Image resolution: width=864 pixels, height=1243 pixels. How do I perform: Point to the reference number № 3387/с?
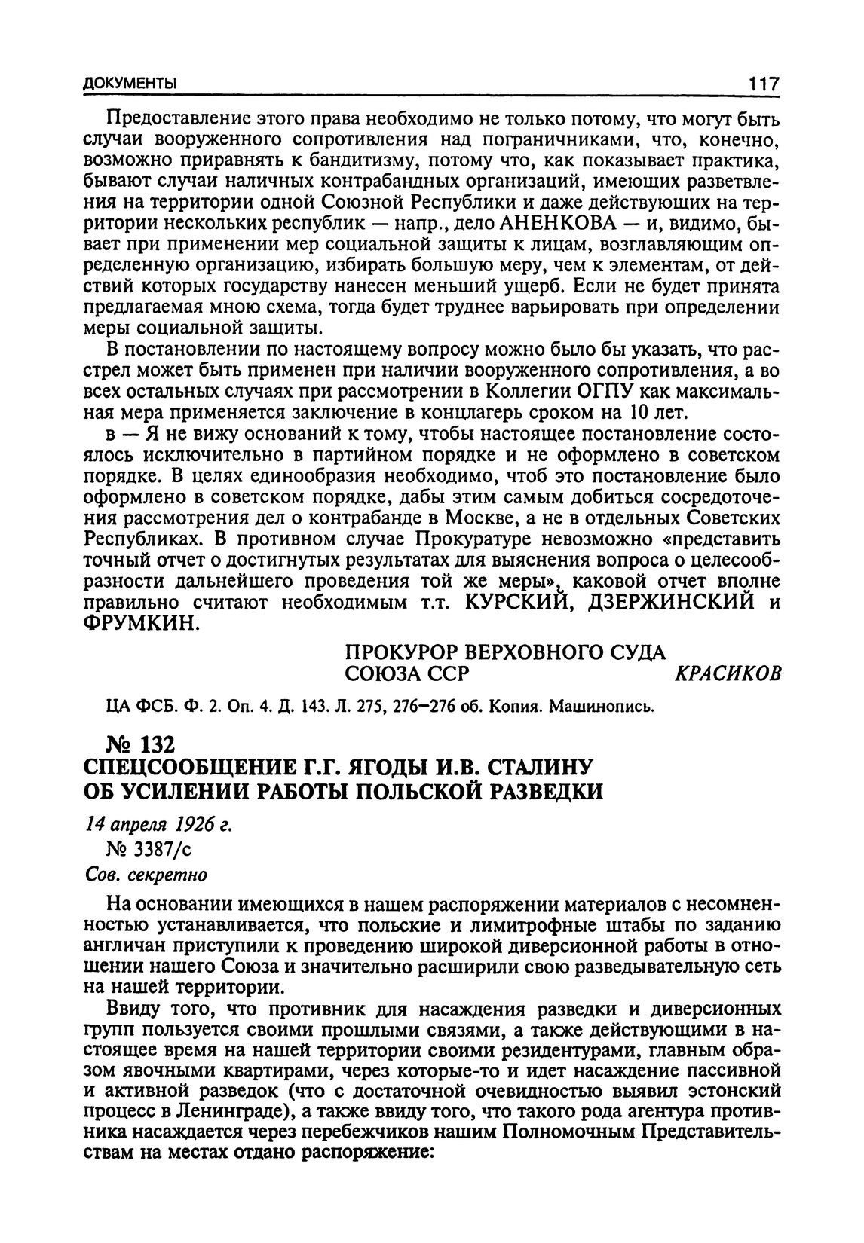(150, 850)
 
